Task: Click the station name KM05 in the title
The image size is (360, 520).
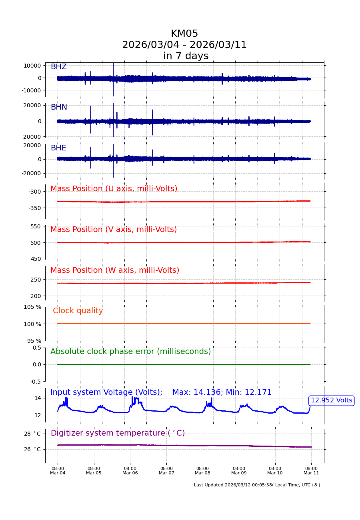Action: coord(184,34)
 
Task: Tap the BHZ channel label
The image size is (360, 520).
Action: coord(58,67)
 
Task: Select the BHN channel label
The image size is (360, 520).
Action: coord(59,107)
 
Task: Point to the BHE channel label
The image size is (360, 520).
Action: coord(58,148)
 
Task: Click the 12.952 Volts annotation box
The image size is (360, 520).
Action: coord(331,400)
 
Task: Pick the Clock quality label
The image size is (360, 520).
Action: coord(78,311)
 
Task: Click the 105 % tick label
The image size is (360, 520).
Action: coord(32,307)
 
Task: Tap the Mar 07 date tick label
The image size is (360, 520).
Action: coord(166,471)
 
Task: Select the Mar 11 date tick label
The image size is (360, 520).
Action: coord(311,471)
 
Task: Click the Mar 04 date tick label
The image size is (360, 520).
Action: coord(58,471)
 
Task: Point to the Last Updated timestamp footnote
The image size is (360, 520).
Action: coord(257,485)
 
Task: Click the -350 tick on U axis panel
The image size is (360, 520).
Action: coord(34,208)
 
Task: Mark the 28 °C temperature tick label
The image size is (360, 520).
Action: coord(32,434)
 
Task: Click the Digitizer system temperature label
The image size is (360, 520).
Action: coord(118,433)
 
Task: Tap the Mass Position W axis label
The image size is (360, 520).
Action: coord(115,270)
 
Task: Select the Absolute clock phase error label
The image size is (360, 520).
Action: coord(130,352)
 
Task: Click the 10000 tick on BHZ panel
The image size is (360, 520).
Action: coord(32,66)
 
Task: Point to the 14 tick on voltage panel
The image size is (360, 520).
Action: coord(38,398)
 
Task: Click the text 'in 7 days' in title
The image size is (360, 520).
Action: coord(186,56)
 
